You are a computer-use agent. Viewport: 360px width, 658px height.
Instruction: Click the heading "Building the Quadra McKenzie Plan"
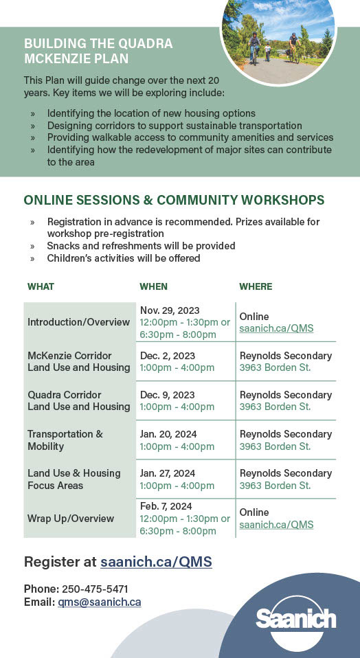(x=98, y=51)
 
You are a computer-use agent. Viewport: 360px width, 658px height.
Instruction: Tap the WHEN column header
(x=154, y=286)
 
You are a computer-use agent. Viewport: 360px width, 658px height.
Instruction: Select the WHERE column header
(x=256, y=286)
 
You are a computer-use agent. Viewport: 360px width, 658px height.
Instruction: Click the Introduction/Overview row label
(x=78, y=322)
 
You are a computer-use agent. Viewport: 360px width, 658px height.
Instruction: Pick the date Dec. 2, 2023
(x=168, y=356)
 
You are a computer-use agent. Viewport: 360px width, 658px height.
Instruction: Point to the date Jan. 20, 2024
(x=168, y=434)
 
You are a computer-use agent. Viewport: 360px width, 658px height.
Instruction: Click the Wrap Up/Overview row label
(x=71, y=519)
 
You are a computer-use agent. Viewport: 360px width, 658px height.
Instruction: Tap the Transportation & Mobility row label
(x=65, y=440)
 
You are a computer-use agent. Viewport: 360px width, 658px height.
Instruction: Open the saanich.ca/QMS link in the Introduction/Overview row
(x=276, y=328)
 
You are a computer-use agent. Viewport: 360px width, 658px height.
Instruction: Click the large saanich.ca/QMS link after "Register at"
(x=156, y=561)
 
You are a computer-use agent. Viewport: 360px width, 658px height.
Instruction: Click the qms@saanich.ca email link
(x=100, y=602)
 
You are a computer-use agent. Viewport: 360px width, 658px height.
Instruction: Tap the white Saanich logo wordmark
(x=296, y=619)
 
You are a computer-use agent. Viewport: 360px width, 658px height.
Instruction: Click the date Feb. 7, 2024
(x=166, y=506)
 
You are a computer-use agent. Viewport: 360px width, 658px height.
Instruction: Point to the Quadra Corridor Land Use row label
(x=79, y=400)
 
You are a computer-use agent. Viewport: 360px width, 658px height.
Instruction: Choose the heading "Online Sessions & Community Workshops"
(x=174, y=200)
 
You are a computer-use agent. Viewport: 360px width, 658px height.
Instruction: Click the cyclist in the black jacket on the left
(x=254, y=47)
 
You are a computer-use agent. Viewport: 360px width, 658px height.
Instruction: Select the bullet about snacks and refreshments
(x=141, y=245)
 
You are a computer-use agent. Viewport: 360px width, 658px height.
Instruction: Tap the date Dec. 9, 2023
(x=168, y=395)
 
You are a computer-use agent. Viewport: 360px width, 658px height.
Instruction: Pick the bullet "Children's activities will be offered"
(x=124, y=258)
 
